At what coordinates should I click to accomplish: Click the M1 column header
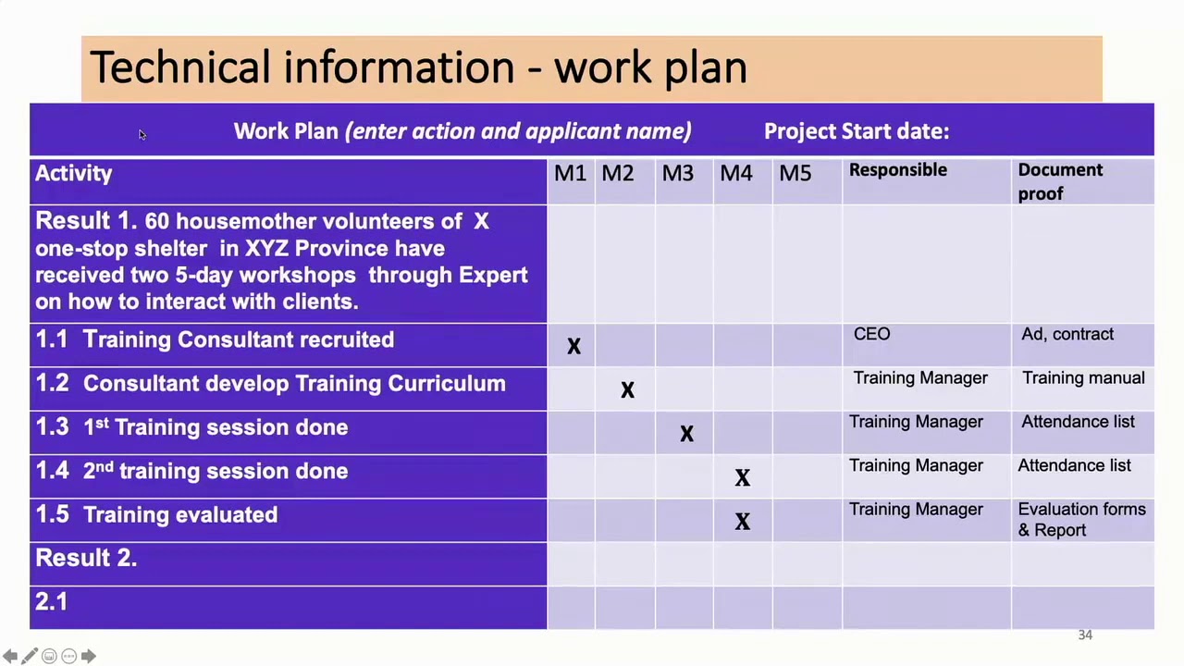coord(570,173)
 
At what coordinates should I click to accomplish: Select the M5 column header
coord(795,173)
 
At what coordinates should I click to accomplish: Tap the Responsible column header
coord(897,170)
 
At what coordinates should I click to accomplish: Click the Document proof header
coord(1060,181)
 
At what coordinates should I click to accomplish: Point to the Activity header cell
coord(74,174)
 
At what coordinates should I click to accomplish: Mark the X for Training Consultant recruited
coord(574,346)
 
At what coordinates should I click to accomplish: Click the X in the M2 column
coord(628,389)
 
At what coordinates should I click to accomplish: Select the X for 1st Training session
coord(686,433)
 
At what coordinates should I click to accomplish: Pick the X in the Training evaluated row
coord(742,522)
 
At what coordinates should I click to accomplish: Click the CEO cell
coord(871,334)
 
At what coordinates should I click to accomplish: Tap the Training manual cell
coord(1083,377)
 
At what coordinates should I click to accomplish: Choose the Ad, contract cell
coord(1067,334)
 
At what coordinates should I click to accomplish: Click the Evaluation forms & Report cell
coord(1081,519)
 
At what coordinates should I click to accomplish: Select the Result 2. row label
coord(86,558)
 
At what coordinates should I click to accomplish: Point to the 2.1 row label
coord(52,601)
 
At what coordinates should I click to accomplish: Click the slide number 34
coord(1085,635)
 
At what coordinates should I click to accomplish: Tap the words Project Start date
coord(856,131)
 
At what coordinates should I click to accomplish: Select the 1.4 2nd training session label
coord(191,471)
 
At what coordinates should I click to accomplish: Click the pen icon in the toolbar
coord(30,656)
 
